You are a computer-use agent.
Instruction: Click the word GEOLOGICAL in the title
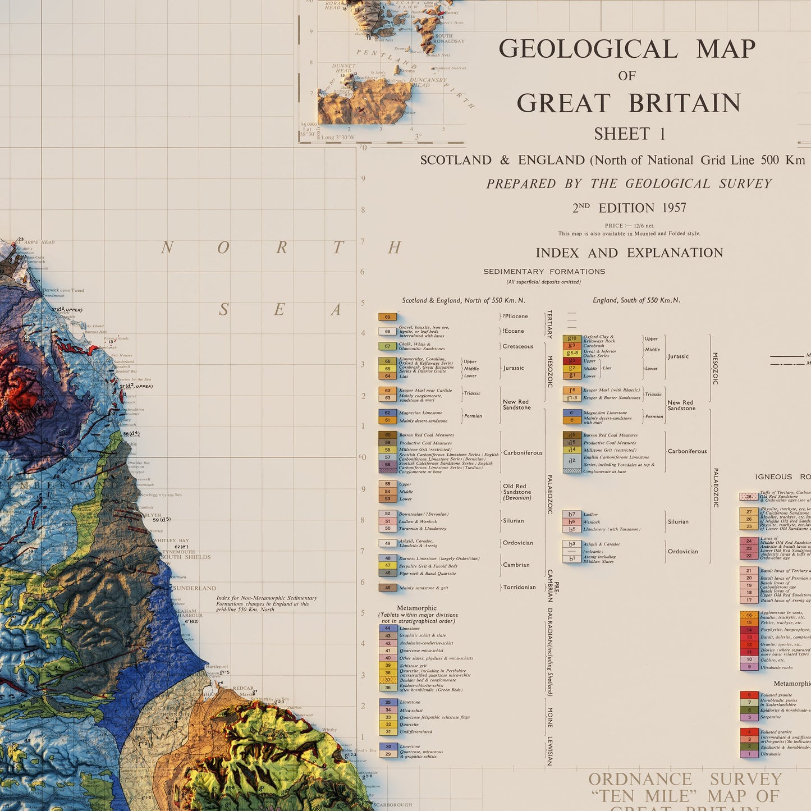(x=588, y=49)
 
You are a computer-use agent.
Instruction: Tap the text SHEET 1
(x=629, y=134)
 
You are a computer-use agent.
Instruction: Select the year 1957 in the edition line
(x=673, y=208)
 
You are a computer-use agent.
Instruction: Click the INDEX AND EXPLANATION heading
(x=629, y=253)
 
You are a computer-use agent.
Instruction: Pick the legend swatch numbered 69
(x=387, y=317)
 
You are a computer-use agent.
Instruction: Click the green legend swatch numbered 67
(x=387, y=346)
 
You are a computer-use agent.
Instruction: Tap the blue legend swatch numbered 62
(x=387, y=413)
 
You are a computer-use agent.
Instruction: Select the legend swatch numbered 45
(x=387, y=588)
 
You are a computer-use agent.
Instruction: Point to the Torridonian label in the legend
(x=519, y=587)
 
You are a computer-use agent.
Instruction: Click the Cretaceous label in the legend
(x=517, y=346)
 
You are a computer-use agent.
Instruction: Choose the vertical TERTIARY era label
(x=549, y=324)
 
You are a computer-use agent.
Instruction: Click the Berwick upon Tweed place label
(x=63, y=290)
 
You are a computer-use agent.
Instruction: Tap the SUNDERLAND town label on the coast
(x=194, y=588)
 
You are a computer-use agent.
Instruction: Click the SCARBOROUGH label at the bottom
(x=392, y=805)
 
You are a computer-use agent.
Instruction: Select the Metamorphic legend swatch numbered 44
(x=387, y=629)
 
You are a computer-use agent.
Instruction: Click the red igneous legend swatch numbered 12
(x=749, y=644)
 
